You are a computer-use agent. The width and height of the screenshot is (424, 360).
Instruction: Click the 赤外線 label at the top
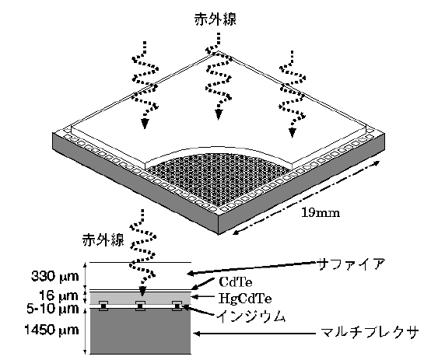(x=216, y=19)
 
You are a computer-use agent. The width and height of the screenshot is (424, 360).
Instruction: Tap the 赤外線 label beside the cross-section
(x=103, y=239)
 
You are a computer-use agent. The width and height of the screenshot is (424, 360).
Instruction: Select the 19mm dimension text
(x=321, y=213)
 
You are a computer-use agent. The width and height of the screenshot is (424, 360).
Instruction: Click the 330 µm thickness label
(x=55, y=277)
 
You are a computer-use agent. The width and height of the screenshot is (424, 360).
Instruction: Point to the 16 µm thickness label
(x=58, y=295)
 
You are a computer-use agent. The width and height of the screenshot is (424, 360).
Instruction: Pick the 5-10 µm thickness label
(x=53, y=309)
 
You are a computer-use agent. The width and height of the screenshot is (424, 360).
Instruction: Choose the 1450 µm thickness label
(x=52, y=330)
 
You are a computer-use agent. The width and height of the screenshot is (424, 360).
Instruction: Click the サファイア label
(x=351, y=264)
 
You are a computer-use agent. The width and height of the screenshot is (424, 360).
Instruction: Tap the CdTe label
(x=236, y=282)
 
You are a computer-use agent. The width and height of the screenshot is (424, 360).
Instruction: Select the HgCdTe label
(x=245, y=299)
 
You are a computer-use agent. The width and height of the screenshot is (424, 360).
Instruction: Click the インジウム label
(x=251, y=316)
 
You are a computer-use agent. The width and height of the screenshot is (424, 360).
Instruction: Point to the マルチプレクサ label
(x=369, y=333)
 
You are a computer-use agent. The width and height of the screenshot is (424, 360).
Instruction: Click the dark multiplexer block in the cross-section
(x=140, y=330)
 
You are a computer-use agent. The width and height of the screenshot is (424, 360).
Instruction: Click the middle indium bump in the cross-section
(x=140, y=306)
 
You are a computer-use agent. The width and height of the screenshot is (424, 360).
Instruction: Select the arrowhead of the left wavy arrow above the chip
(x=145, y=124)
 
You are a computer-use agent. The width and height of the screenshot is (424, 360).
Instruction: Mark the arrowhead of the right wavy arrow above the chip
(x=292, y=133)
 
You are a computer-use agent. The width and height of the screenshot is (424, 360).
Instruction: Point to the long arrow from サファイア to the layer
(x=252, y=267)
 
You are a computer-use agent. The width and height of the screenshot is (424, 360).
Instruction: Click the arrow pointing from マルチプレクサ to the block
(x=254, y=334)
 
